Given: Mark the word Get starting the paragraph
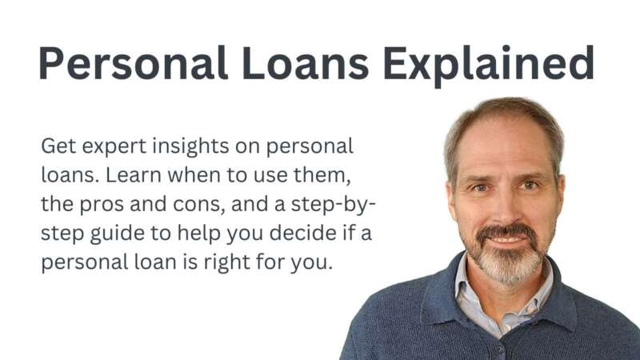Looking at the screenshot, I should (58, 147).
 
